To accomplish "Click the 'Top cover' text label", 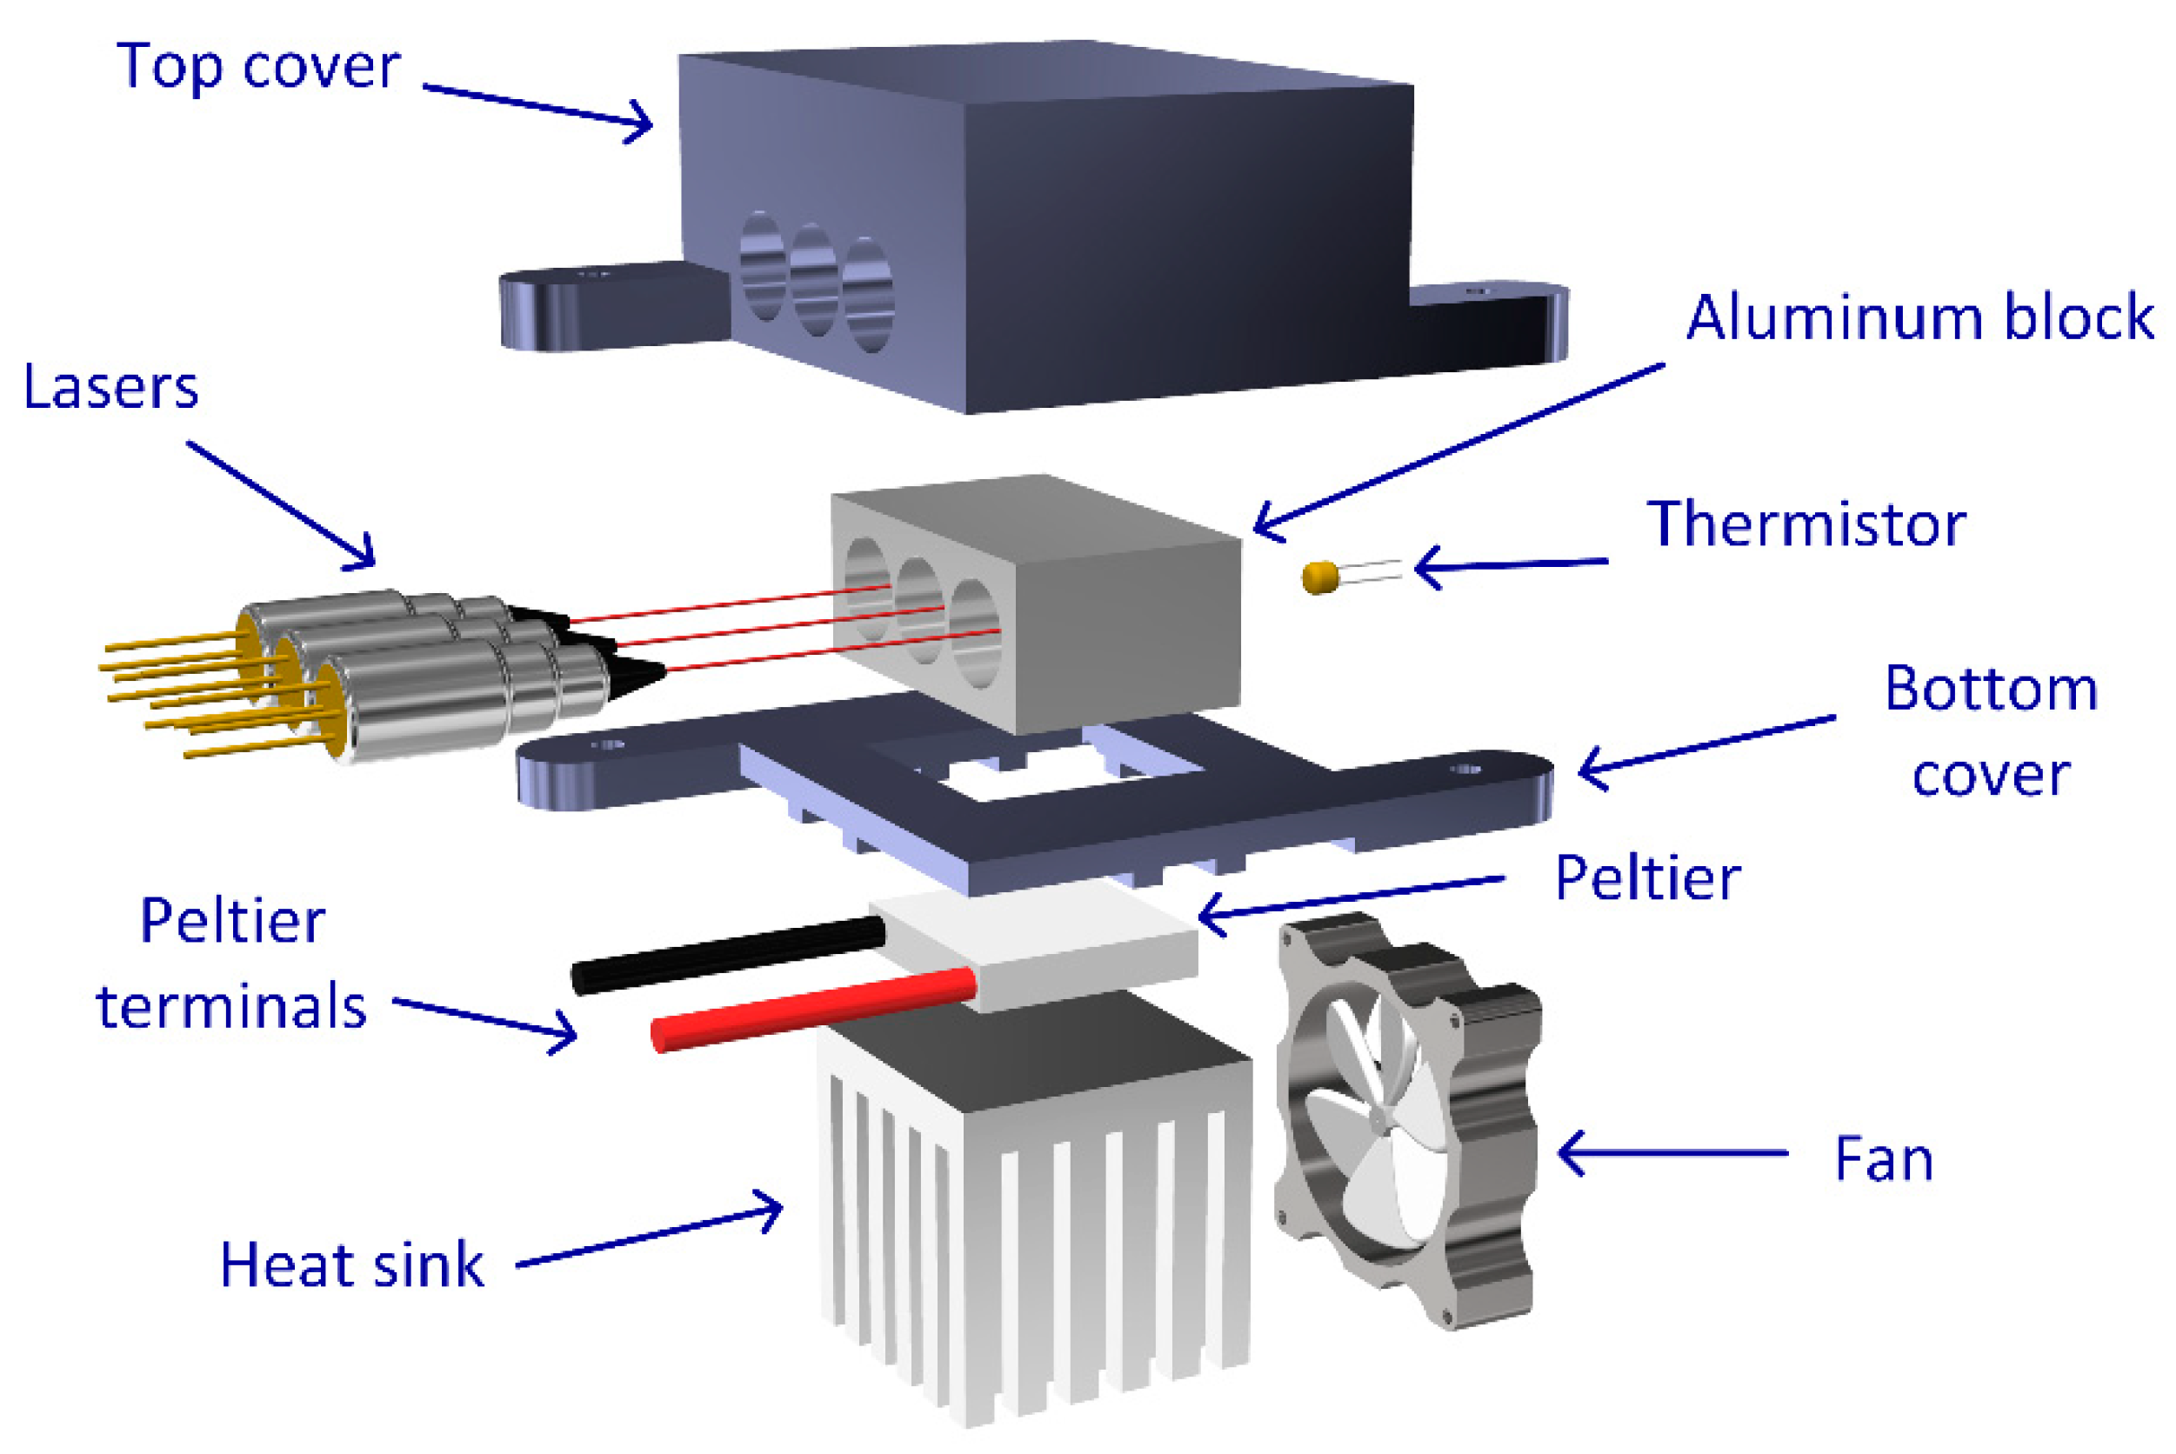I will click(257, 67).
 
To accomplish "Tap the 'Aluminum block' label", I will click(1919, 318).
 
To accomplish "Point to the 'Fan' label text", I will click(1883, 1159).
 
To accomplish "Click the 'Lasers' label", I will click(110, 387).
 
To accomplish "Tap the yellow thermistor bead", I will click(1319, 577).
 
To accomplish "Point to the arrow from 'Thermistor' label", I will click(1512, 564).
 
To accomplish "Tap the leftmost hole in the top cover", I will click(762, 267).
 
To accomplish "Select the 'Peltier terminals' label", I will click(232, 964).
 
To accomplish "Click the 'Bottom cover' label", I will click(1991, 731).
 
